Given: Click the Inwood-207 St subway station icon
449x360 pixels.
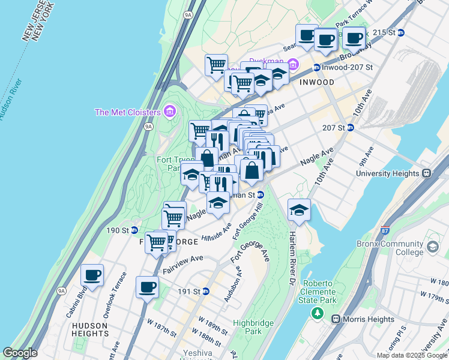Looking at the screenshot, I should [x=316, y=67].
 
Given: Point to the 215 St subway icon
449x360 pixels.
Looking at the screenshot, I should [x=401, y=32].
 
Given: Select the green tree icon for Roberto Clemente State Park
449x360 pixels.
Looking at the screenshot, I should [x=317, y=313].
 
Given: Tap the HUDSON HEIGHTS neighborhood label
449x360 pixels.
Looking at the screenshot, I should [x=90, y=331].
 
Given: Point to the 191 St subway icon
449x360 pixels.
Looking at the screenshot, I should [x=206, y=292].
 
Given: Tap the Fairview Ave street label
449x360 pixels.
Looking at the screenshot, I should [x=182, y=263].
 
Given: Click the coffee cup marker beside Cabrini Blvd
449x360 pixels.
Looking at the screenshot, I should [x=92, y=275].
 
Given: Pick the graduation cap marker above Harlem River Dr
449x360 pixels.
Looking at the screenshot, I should [x=299, y=210].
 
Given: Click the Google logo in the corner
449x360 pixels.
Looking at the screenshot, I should [x=20, y=353].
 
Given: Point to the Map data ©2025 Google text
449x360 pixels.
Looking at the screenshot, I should [x=412, y=355].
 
